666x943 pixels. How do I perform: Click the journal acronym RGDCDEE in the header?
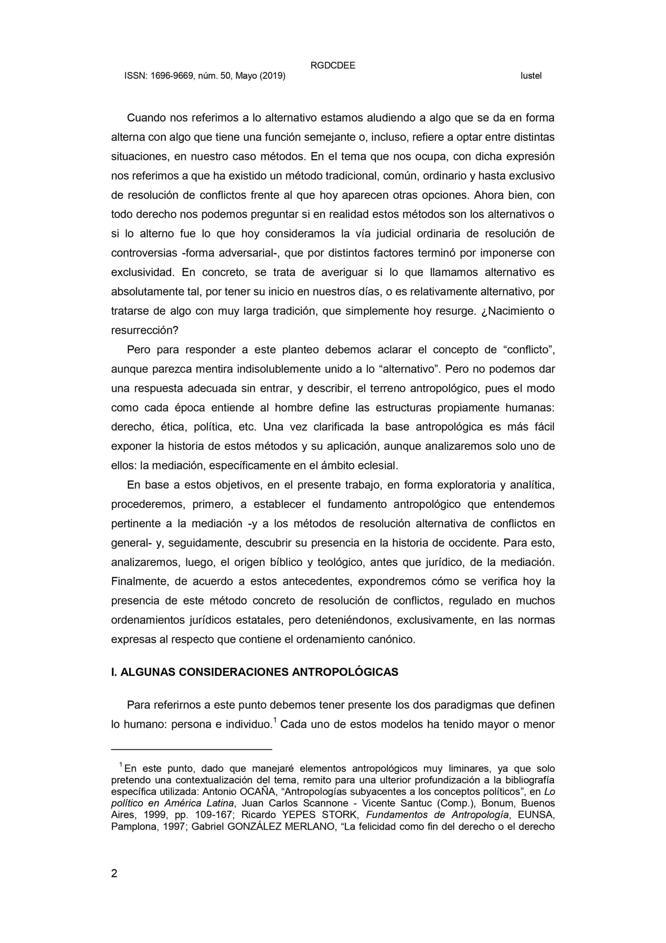333,65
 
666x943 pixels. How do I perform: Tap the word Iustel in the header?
531,76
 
